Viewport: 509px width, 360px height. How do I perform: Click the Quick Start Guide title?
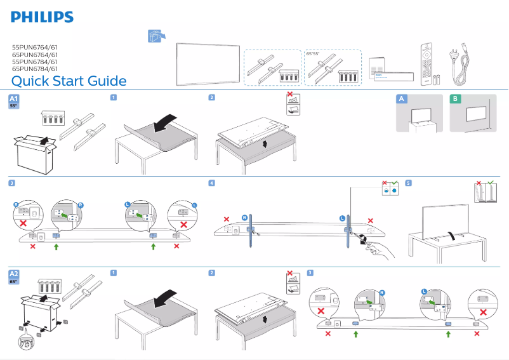(x=69, y=81)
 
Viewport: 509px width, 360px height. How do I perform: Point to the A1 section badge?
(x=14, y=99)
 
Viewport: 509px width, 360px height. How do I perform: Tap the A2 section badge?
(x=14, y=274)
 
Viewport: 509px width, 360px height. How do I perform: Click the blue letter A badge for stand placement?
(x=400, y=98)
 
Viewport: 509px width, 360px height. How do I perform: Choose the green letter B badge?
(x=454, y=98)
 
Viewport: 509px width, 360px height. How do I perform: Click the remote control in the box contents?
(x=425, y=63)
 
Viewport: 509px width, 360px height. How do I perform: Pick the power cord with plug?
(x=461, y=64)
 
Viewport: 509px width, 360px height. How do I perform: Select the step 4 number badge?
(x=212, y=183)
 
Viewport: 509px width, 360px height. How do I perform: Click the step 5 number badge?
(x=408, y=183)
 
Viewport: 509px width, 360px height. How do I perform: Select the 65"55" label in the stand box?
(x=313, y=54)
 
